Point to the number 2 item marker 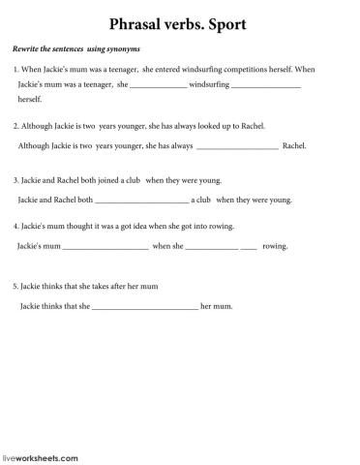pyautogui.click(x=16, y=126)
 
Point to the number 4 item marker pyautogui.click(x=16, y=226)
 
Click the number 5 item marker pyautogui.click(x=16, y=287)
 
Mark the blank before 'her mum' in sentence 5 pyautogui.click(x=144, y=308)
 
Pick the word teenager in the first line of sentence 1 pyautogui.click(x=119, y=71)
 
